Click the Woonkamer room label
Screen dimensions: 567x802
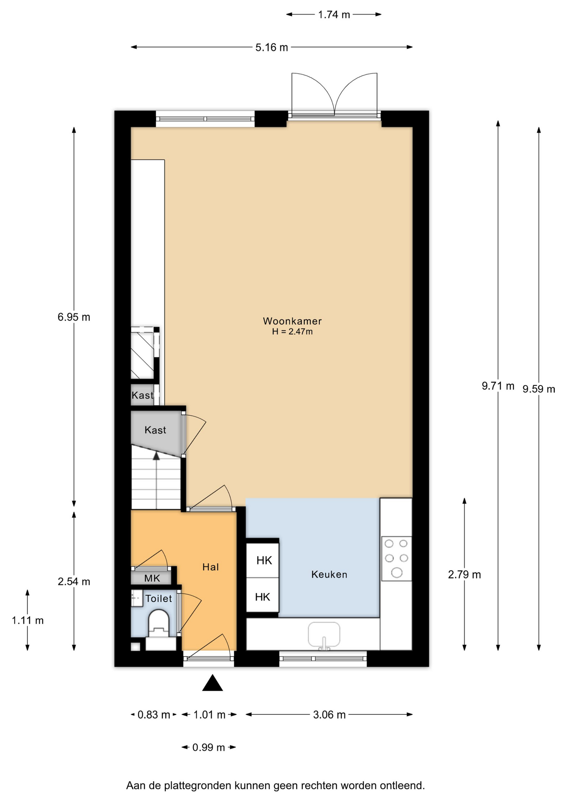pos(292,321)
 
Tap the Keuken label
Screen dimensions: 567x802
pos(329,574)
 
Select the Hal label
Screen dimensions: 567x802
pos(210,567)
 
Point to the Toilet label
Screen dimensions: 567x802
pos(159,599)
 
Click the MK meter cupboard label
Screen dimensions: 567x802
pos(152,578)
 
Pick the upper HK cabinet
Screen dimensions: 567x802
pos(263,560)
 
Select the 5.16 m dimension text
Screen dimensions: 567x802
pos(272,48)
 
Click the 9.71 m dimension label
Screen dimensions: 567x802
pos(498,386)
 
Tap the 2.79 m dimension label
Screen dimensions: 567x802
pos(464,575)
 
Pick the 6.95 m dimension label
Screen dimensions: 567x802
pos(74,317)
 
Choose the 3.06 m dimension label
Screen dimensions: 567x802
pos(329,715)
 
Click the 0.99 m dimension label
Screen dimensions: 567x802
pos(209,747)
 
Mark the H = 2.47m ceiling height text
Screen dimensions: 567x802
pos(292,332)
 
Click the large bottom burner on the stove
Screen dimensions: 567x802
pos(397,573)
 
